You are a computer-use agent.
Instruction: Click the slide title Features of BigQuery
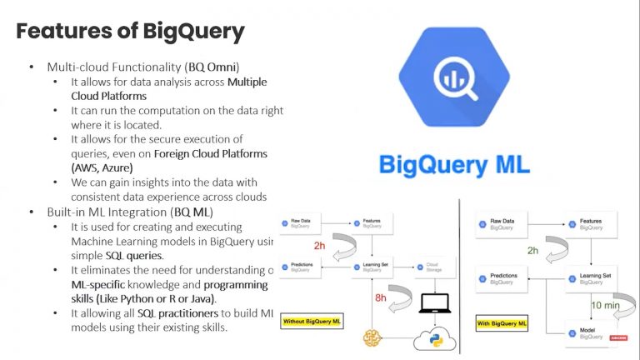click(x=131, y=32)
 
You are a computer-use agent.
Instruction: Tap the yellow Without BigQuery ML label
click(x=314, y=320)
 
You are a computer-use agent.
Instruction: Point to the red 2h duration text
click(x=318, y=247)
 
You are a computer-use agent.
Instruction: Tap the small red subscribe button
click(x=618, y=337)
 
